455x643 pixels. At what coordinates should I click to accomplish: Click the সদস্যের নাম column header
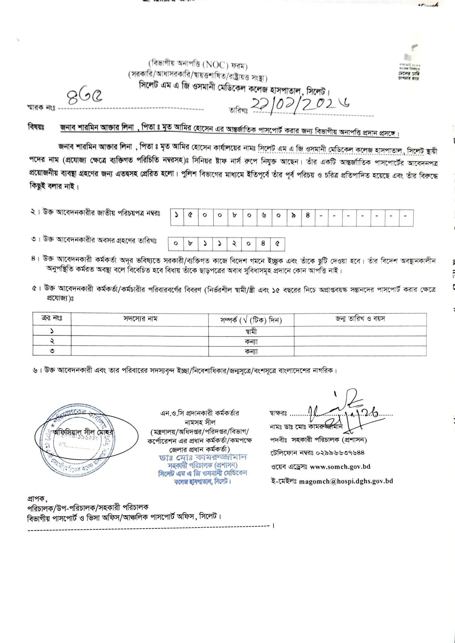(140, 319)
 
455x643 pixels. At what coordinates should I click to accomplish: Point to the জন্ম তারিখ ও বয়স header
(360, 319)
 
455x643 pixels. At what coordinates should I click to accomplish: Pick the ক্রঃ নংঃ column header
(52, 319)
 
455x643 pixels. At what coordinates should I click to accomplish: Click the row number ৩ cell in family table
(52, 351)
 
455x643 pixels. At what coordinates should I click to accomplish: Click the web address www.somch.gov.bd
(340, 466)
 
